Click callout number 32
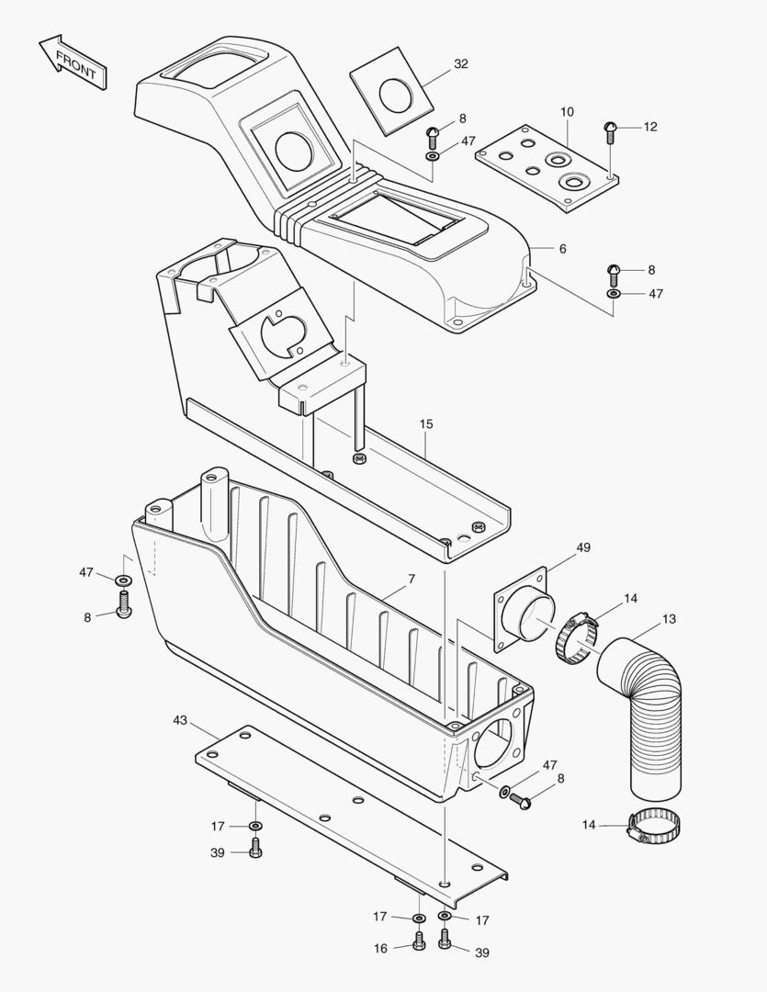click(460, 64)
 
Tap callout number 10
click(567, 111)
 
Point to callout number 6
click(562, 249)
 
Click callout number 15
click(426, 424)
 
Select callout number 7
click(411, 579)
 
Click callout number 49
click(583, 547)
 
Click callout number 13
click(669, 619)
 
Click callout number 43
click(179, 720)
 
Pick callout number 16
click(381, 949)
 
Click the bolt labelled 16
click(419, 941)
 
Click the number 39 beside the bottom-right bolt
click(481, 953)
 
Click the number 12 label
click(650, 127)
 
